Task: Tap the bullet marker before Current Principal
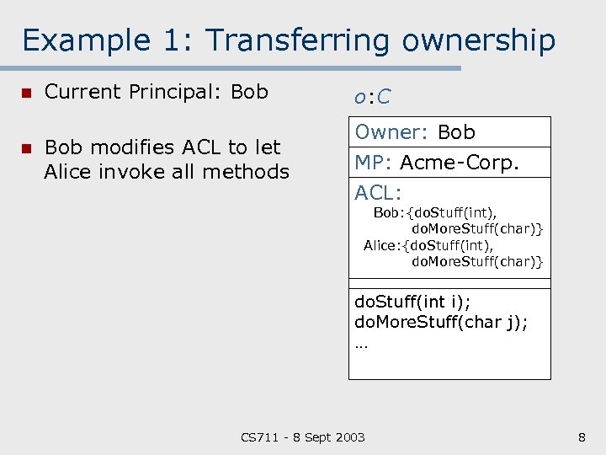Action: pos(27,93)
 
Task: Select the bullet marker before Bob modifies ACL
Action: pos(27,148)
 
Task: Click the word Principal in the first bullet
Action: pos(177,92)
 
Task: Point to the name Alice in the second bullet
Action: pos(70,172)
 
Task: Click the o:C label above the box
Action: pos(372,97)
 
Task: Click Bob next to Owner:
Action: pos(456,132)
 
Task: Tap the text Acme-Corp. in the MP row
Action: pos(460,163)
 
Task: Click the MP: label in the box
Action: pos(374,163)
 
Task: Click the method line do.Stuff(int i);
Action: pos(413,301)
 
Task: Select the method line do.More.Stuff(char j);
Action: pos(441,322)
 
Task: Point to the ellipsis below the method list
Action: pos(362,345)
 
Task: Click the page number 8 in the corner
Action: pos(582,436)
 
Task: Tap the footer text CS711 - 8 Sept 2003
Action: pos(303,436)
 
